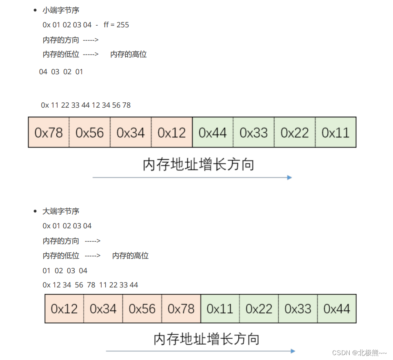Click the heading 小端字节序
coord(61,10)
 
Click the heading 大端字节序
coord(61,211)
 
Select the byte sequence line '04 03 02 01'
coord(61,72)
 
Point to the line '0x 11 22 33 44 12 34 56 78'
coord(86,105)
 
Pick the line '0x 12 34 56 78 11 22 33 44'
coord(90,285)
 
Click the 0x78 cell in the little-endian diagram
coord(49,133)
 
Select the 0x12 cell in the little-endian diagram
coord(171,133)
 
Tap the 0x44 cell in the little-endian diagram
coord(213,133)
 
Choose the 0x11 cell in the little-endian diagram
coord(335,133)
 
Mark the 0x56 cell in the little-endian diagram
coord(90,133)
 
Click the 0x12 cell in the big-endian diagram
coord(64,309)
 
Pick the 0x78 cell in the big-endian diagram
coord(181,309)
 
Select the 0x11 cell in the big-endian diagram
coord(220,309)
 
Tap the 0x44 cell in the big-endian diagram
coord(337,309)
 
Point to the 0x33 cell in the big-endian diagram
coord(298,309)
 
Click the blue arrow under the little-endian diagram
coord(192,177)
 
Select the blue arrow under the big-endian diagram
coord(200,351)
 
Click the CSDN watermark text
coord(359,353)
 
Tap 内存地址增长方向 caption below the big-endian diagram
coord(206,339)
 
